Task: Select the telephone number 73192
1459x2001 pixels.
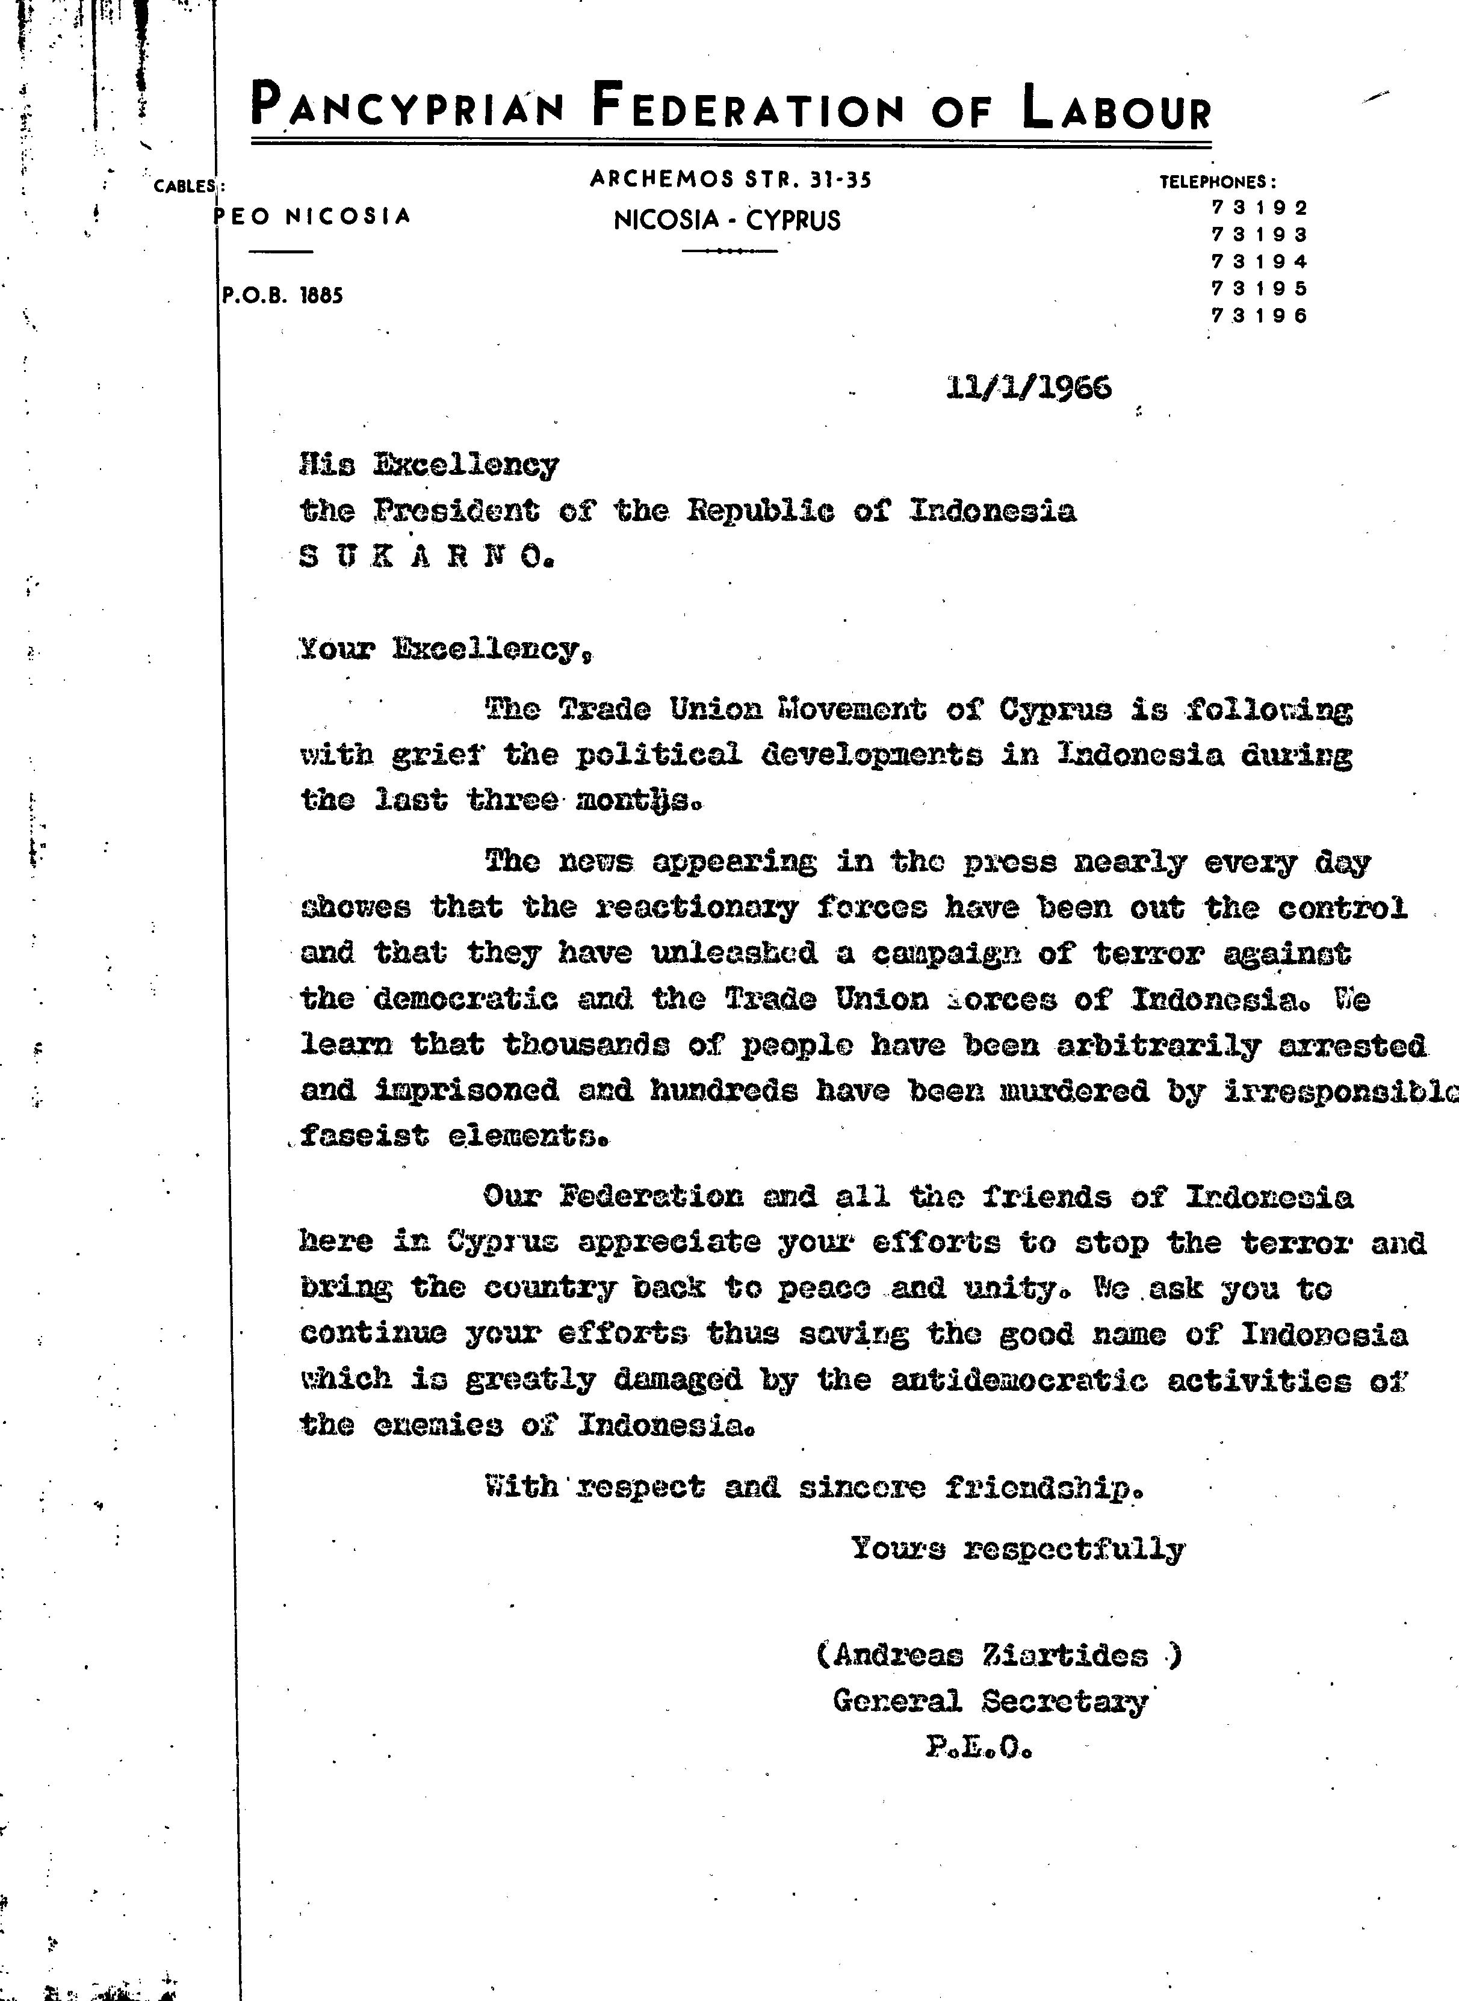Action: [1259, 208]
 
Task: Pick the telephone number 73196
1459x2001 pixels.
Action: [1259, 316]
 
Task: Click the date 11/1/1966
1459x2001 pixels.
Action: [1028, 388]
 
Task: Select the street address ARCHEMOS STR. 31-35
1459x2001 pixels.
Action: [730, 179]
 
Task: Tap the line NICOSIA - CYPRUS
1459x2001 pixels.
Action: [727, 220]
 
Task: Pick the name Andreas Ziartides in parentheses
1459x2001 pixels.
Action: [999, 1654]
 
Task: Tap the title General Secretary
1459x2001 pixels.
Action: [990, 1701]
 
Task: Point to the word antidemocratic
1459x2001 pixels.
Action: [1018, 1379]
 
